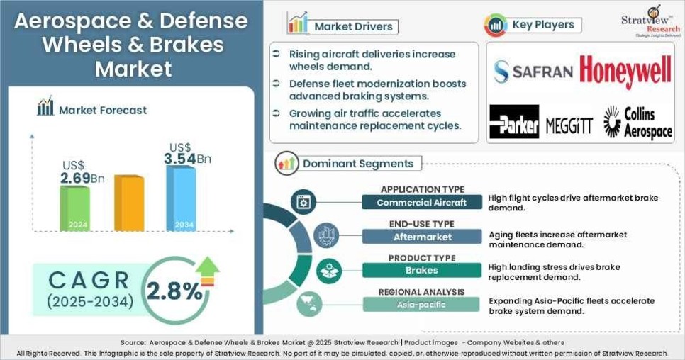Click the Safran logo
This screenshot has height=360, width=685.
click(x=533, y=71)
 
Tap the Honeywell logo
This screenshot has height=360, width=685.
click(x=625, y=71)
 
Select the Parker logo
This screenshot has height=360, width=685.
click(x=514, y=122)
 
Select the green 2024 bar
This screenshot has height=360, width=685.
click(x=74, y=208)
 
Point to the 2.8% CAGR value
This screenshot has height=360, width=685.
click(x=174, y=291)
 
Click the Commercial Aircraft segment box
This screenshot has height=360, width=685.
click(x=422, y=203)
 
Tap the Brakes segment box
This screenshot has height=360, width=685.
click(x=422, y=270)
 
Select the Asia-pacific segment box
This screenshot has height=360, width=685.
click(x=422, y=304)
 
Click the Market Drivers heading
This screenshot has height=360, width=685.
click(x=353, y=27)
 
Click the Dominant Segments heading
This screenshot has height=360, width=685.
click(x=357, y=164)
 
